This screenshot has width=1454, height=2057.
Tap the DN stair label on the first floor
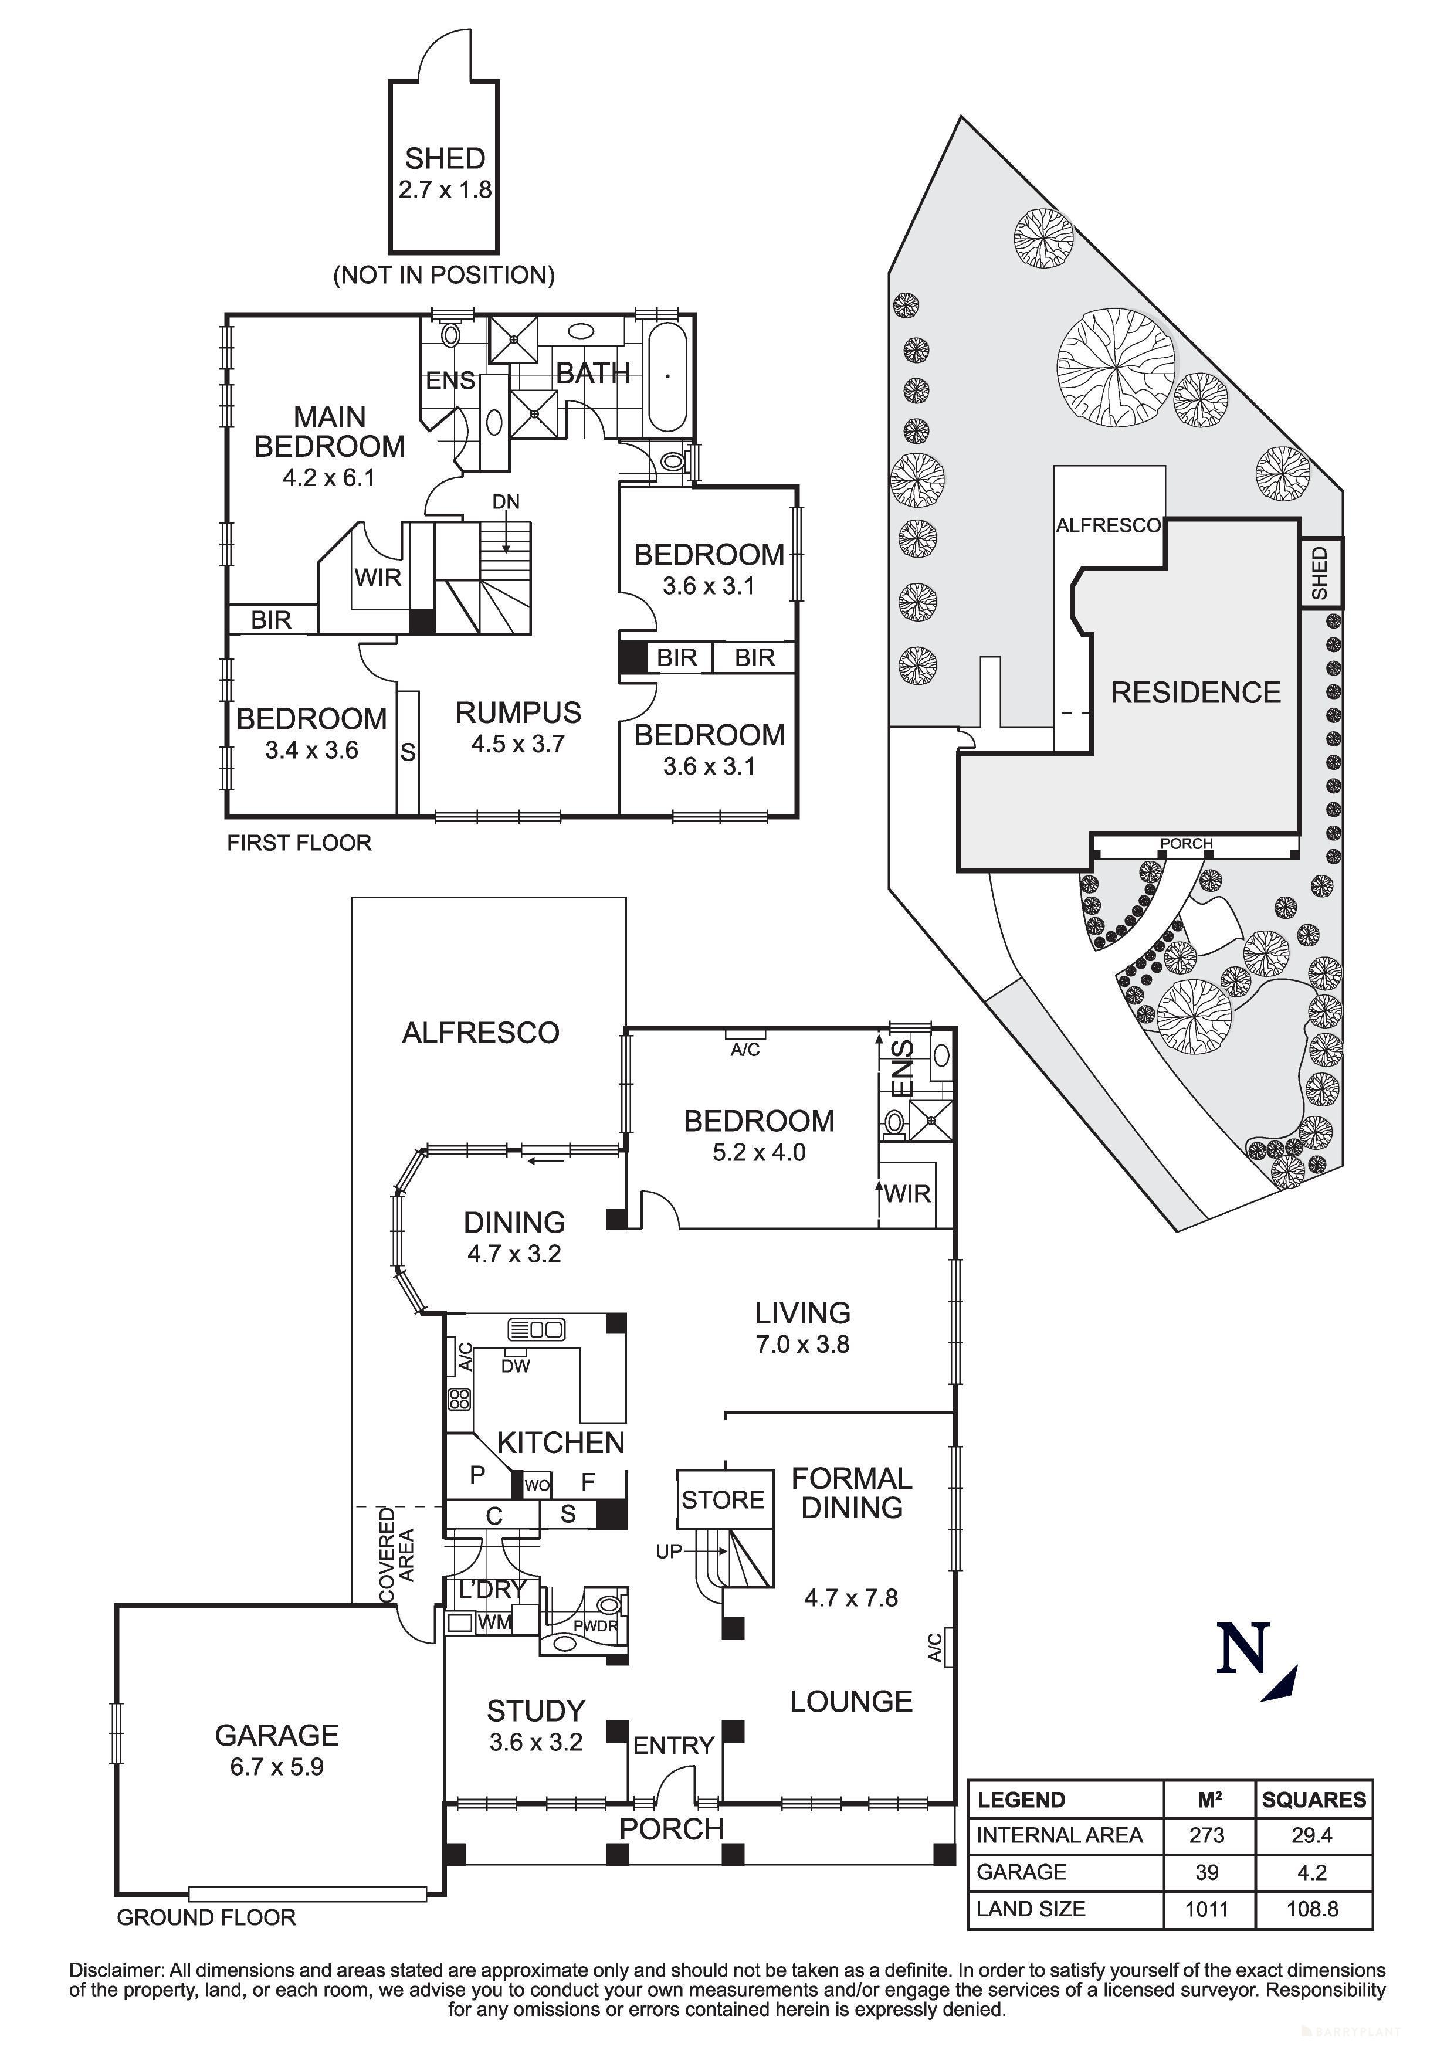tap(506, 502)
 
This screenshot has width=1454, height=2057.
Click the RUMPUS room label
tap(518, 713)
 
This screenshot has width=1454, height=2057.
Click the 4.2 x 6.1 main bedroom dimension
tap(329, 477)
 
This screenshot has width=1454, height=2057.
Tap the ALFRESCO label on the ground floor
tap(480, 1033)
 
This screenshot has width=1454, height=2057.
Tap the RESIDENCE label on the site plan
tap(1196, 693)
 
